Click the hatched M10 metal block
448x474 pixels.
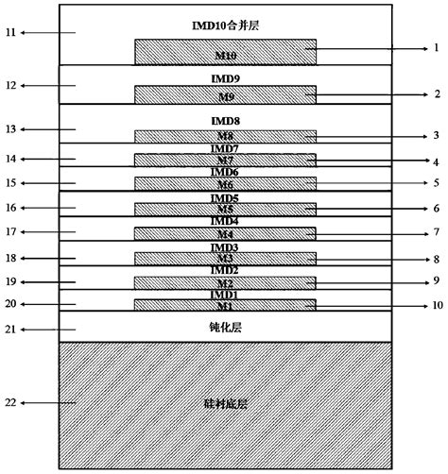pos(226,52)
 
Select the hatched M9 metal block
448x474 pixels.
pos(226,94)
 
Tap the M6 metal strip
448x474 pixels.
pos(226,183)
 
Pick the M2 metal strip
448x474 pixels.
pos(226,282)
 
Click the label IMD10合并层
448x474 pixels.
pos(226,25)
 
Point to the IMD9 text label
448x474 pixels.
pos(226,78)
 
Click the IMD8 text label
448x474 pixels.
pos(226,122)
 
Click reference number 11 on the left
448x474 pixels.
pos(10,32)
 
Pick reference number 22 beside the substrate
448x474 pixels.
pos(10,403)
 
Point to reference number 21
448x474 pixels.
pos(10,329)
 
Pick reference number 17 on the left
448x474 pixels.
pos(10,231)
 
